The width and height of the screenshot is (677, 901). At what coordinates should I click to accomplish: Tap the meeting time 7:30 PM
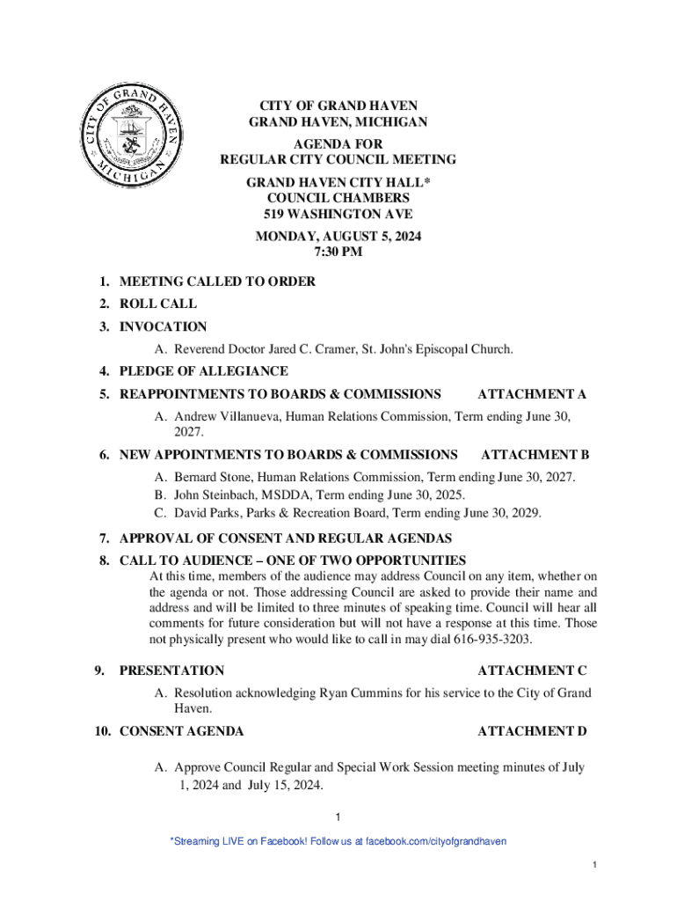coord(338,253)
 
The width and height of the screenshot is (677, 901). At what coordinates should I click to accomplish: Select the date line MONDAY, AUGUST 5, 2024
coord(338,236)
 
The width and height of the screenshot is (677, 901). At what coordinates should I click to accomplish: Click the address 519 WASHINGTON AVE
coord(338,214)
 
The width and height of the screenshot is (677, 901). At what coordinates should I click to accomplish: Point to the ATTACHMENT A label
coord(531,394)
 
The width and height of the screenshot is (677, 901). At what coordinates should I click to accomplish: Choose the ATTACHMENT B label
coord(535,455)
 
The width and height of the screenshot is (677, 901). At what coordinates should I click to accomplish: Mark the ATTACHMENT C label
coord(532,670)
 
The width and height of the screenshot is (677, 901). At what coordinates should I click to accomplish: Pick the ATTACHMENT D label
coord(532,731)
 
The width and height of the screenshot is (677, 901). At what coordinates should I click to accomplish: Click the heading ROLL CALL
coord(158,304)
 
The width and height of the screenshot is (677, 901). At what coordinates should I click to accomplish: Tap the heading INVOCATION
coord(163,327)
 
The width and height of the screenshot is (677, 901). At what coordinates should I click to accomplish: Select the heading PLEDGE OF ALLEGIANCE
coord(203,372)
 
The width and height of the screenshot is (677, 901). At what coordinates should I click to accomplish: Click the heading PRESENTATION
coord(171,670)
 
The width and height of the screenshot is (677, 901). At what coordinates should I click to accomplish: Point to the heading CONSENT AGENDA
coord(181,731)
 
